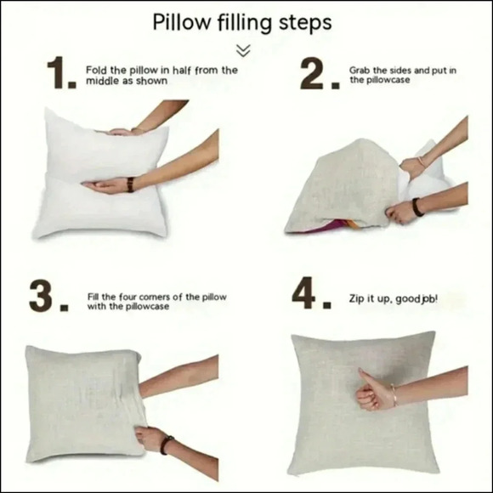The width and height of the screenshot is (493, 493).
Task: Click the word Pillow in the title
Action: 182,22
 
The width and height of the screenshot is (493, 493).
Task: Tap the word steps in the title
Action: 305,24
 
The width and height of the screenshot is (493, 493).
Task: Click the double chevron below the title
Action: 243,51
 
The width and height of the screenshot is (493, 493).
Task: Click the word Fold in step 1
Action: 97,70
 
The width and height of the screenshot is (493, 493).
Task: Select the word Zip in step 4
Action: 356,299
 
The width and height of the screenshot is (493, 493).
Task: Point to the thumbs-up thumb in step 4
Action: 366,377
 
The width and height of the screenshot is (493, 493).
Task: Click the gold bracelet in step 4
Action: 394,394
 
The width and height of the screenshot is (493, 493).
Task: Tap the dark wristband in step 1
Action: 130,184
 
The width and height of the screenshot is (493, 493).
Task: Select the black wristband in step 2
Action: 417,207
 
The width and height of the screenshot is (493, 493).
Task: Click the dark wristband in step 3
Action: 166,445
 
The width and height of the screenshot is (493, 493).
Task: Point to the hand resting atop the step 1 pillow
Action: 121,132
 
